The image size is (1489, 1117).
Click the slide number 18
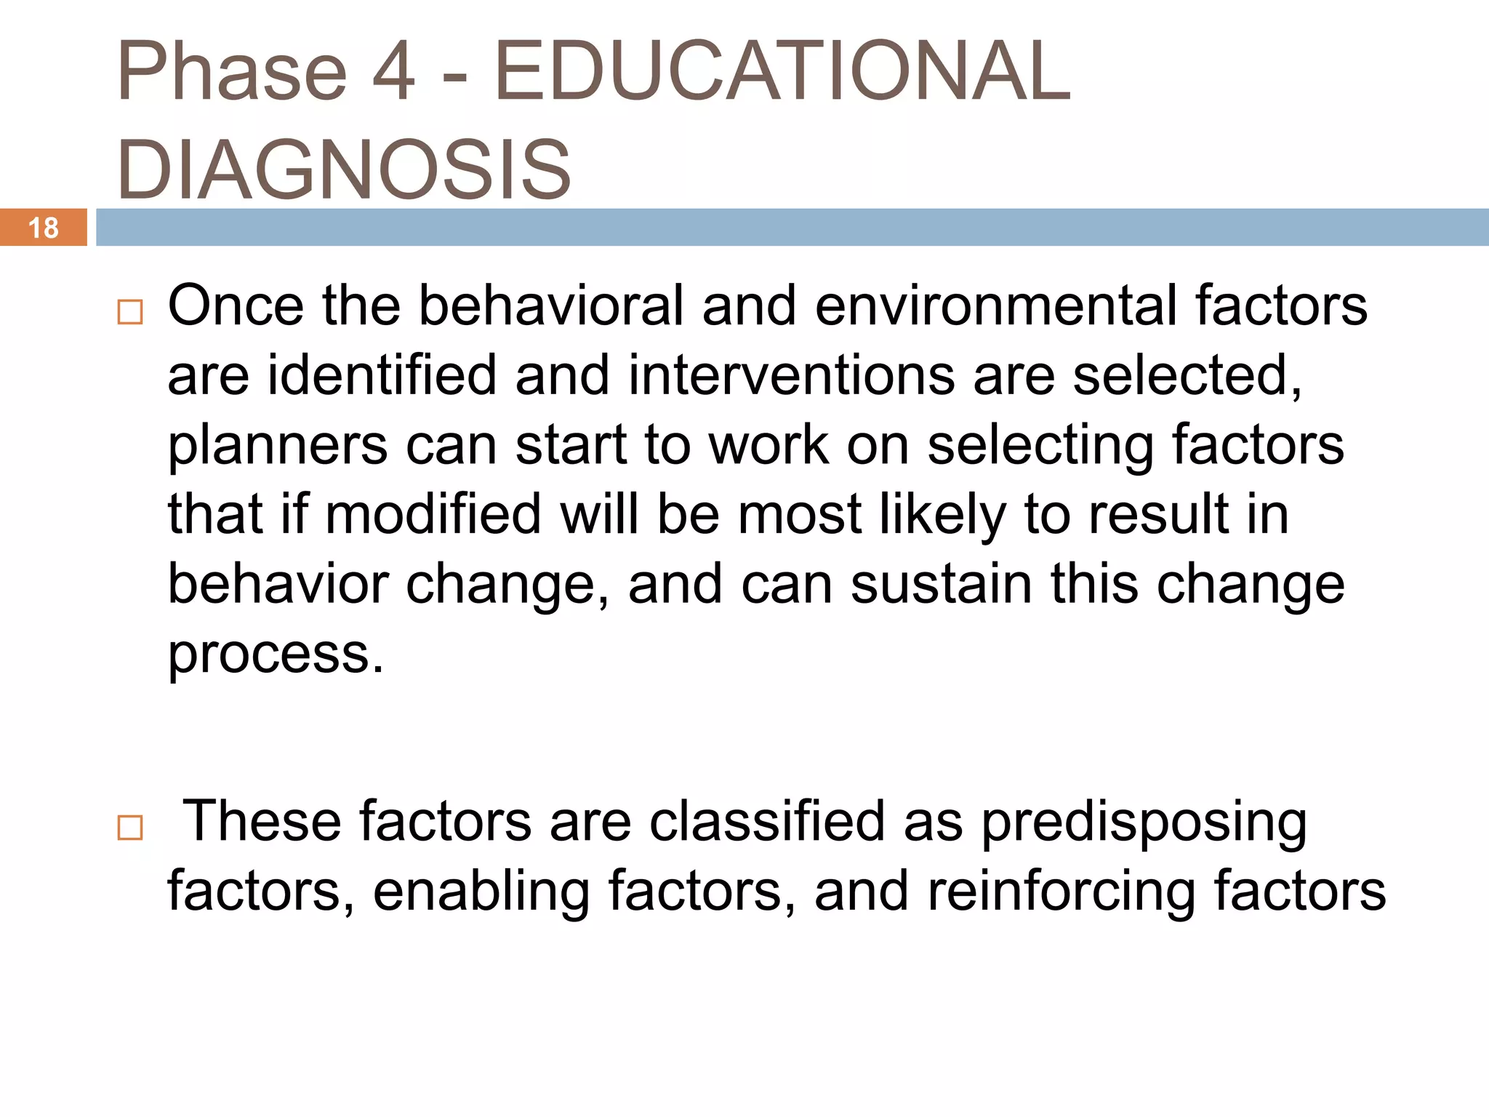click(x=43, y=228)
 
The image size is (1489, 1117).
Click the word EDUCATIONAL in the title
click(x=782, y=71)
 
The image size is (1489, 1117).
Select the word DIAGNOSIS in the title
click(x=344, y=169)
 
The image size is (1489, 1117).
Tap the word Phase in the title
click(x=232, y=71)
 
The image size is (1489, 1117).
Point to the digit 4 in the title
click(x=393, y=71)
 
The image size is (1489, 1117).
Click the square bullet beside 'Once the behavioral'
click(x=130, y=313)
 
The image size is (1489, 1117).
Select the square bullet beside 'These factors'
click(x=130, y=828)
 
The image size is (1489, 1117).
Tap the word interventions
click(x=791, y=375)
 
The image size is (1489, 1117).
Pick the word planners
click(x=277, y=445)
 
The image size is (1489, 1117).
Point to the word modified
click(x=433, y=514)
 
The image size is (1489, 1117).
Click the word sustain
click(x=941, y=584)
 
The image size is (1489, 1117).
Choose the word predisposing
click(x=1144, y=822)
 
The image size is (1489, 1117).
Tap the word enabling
click(x=481, y=892)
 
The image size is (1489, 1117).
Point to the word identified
click(x=382, y=375)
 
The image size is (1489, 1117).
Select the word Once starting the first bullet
click(x=236, y=305)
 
